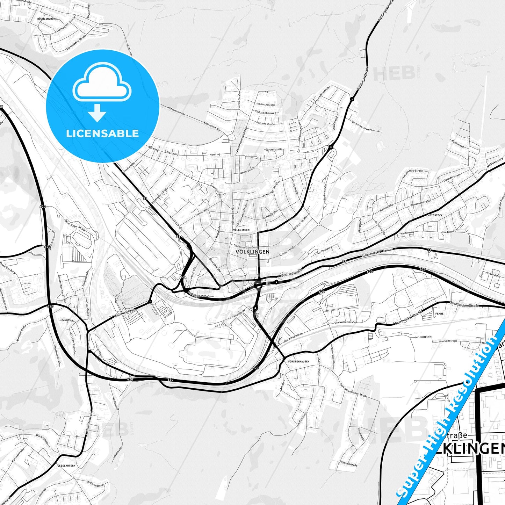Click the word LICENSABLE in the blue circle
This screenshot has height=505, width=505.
click(102, 134)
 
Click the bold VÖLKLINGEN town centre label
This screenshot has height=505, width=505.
click(252, 252)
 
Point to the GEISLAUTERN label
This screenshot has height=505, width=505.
click(66, 466)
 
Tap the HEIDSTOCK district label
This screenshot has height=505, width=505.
click(435, 215)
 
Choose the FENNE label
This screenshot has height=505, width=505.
click(439, 313)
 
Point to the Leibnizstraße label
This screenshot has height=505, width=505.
click(266, 104)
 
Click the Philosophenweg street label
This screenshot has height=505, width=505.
click(266, 113)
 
